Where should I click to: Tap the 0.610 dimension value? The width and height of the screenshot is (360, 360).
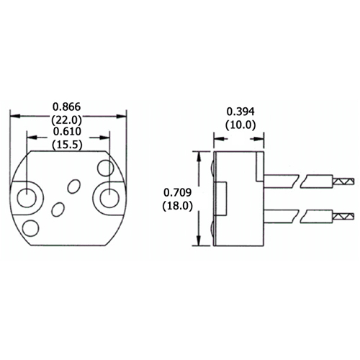coord(68,130)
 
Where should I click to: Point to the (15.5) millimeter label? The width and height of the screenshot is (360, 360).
coord(68,144)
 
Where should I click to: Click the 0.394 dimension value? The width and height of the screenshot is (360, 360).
coord(240,112)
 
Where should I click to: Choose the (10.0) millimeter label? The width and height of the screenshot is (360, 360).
coord(240,125)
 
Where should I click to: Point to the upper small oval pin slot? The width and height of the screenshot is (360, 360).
coord(74,186)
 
